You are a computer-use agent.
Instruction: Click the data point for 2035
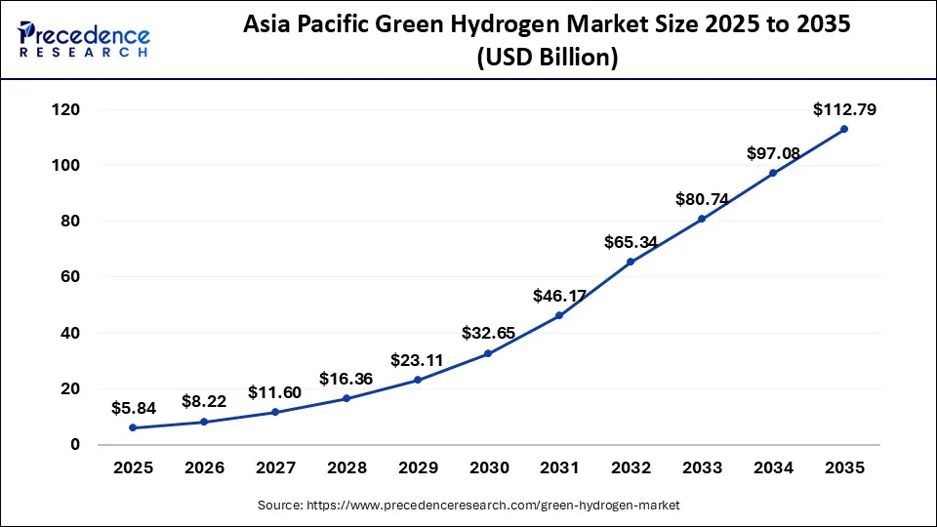tap(843, 129)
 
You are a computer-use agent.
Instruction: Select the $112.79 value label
tap(844, 110)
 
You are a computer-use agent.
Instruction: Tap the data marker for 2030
tap(488, 353)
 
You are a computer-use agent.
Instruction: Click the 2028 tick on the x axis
tap(346, 468)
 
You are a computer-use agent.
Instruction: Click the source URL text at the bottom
tap(468, 506)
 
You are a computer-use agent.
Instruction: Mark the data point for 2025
tap(133, 427)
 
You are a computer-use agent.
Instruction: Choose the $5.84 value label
tap(134, 409)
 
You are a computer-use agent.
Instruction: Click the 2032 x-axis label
tap(630, 468)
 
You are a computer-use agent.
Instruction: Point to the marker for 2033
tap(702, 219)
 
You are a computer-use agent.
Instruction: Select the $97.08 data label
tap(773, 153)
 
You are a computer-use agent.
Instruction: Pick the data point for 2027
tap(275, 412)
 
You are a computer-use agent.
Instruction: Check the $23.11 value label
tap(417, 360)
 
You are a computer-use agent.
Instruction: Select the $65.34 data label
tap(631, 241)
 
